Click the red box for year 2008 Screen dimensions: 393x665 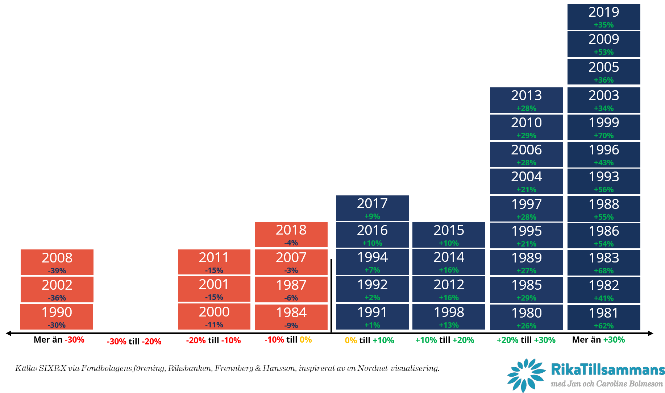(57, 262)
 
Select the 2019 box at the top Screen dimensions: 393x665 (604, 17)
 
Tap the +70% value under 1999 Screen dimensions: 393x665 (604, 136)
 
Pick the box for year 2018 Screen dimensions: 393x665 (291, 235)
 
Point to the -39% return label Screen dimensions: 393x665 (57, 271)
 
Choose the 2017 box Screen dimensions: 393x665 (372, 208)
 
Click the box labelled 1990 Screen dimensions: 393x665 (57, 317)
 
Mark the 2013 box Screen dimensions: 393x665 (526, 100)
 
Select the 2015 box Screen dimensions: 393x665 (449, 235)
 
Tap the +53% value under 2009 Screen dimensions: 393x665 (604, 52)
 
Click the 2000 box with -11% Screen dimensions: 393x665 (214, 316)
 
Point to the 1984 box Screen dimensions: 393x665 (291, 317)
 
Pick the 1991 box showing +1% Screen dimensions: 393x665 (372, 317)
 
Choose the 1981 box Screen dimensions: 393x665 (604, 317)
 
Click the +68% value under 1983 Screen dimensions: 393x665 (604, 271)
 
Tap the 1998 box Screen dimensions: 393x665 (449, 317)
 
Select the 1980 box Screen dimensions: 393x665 (526, 317)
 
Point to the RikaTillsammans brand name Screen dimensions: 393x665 (608, 370)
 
